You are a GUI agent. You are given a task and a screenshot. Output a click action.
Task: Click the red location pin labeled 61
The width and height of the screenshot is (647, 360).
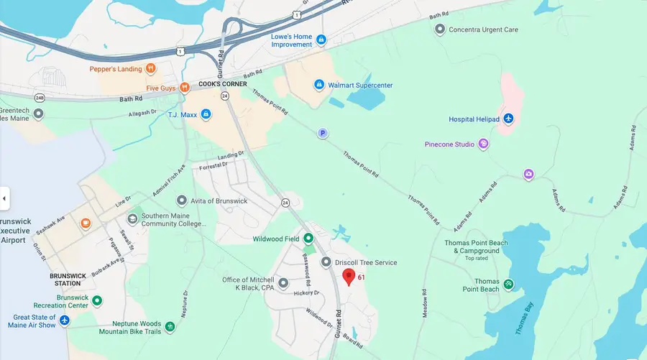(x=349, y=277)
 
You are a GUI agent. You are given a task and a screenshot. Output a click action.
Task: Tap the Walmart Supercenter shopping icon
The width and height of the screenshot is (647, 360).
(x=319, y=85)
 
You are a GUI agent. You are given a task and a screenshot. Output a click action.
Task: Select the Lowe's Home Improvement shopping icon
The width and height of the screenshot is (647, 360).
(x=321, y=40)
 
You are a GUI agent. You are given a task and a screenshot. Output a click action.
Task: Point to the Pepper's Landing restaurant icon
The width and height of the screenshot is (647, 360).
(x=150, y=69)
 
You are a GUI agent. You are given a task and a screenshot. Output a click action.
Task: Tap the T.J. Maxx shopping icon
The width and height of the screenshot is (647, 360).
(x=206, y=114)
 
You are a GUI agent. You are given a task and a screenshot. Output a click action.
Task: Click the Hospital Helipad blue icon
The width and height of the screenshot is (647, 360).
(x=508, y=119)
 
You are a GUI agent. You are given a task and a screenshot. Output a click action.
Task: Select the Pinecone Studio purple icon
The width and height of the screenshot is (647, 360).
(x=483, y=144)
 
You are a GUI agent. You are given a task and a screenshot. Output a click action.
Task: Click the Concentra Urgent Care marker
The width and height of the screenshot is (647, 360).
(x=440, y=29)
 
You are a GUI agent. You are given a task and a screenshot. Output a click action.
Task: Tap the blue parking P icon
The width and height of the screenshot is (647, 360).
(x=323, y=133)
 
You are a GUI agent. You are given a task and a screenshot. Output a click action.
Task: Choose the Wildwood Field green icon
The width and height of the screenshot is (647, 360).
(x=308, y=239)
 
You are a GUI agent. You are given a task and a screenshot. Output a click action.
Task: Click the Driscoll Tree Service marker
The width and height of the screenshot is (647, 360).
(x=326, y=262)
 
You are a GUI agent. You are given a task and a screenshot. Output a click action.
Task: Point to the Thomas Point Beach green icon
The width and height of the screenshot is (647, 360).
(x=508, y=285)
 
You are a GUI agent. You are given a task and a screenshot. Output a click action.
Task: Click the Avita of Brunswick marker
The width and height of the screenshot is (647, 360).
(x=181, y=200)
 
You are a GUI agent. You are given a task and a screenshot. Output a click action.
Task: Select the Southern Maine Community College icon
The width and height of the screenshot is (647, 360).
(x=132, y=218)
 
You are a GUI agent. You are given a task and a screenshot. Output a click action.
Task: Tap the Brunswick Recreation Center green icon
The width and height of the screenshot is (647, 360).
(x=97, y=300)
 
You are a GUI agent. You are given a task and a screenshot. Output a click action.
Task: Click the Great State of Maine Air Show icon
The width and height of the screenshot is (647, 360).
(x=65, y=320)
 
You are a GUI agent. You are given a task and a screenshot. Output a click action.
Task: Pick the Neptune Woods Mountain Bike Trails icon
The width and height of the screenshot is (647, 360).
(x=170, y=327)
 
